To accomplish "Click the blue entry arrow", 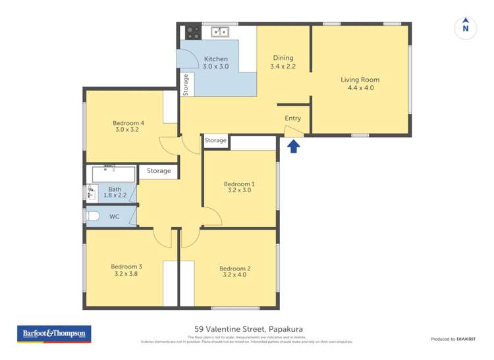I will pos(294,145).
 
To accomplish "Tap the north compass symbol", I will pos(466,28).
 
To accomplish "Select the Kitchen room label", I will pos(215,63).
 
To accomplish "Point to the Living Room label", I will pos(360,84).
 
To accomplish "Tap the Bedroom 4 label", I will pos(128,126).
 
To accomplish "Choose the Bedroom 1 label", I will pos(238,187).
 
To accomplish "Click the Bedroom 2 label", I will pos(234,271).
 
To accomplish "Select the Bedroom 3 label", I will pos(128,270).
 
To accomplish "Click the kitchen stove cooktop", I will pos(193,32).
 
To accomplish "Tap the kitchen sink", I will pos(220,31).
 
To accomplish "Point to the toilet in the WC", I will pos(93,216).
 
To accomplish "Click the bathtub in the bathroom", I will pos(113,174).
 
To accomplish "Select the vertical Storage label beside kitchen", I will pos(186,85).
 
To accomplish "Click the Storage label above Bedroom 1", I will pos(215,141).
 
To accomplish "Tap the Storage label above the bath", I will pos(159,171).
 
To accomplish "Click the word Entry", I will pos(292,118).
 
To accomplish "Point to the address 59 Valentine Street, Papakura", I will pos(248,329).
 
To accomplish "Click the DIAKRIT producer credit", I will pos(453,339).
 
